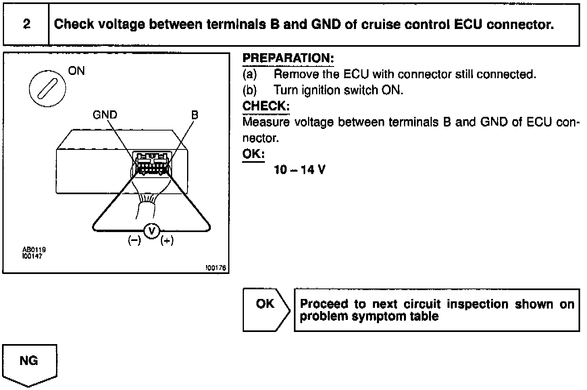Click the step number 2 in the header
(x=27, y=24)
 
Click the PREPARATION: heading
(x=288, y=58)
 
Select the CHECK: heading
(x=266, y=106)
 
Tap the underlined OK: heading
(x=253, y=154)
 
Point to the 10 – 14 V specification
(x=299, y=170)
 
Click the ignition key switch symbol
(x=47, y=89)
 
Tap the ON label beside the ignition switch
(x=77, y=71)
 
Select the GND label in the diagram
(x=105, y=115)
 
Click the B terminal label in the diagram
(x=195, y=115)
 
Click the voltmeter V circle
(x=152, y=231)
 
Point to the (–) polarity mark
(x=134, y=241)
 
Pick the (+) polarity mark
(x=167, y=241)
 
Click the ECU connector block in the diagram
(x=152, y=163)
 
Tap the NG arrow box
(x=29, y=361)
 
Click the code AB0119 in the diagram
(x=34, y=250)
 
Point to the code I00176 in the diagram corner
(x=216, y=268)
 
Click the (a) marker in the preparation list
(x=250, y=75)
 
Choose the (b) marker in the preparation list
(x=250, y=90)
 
